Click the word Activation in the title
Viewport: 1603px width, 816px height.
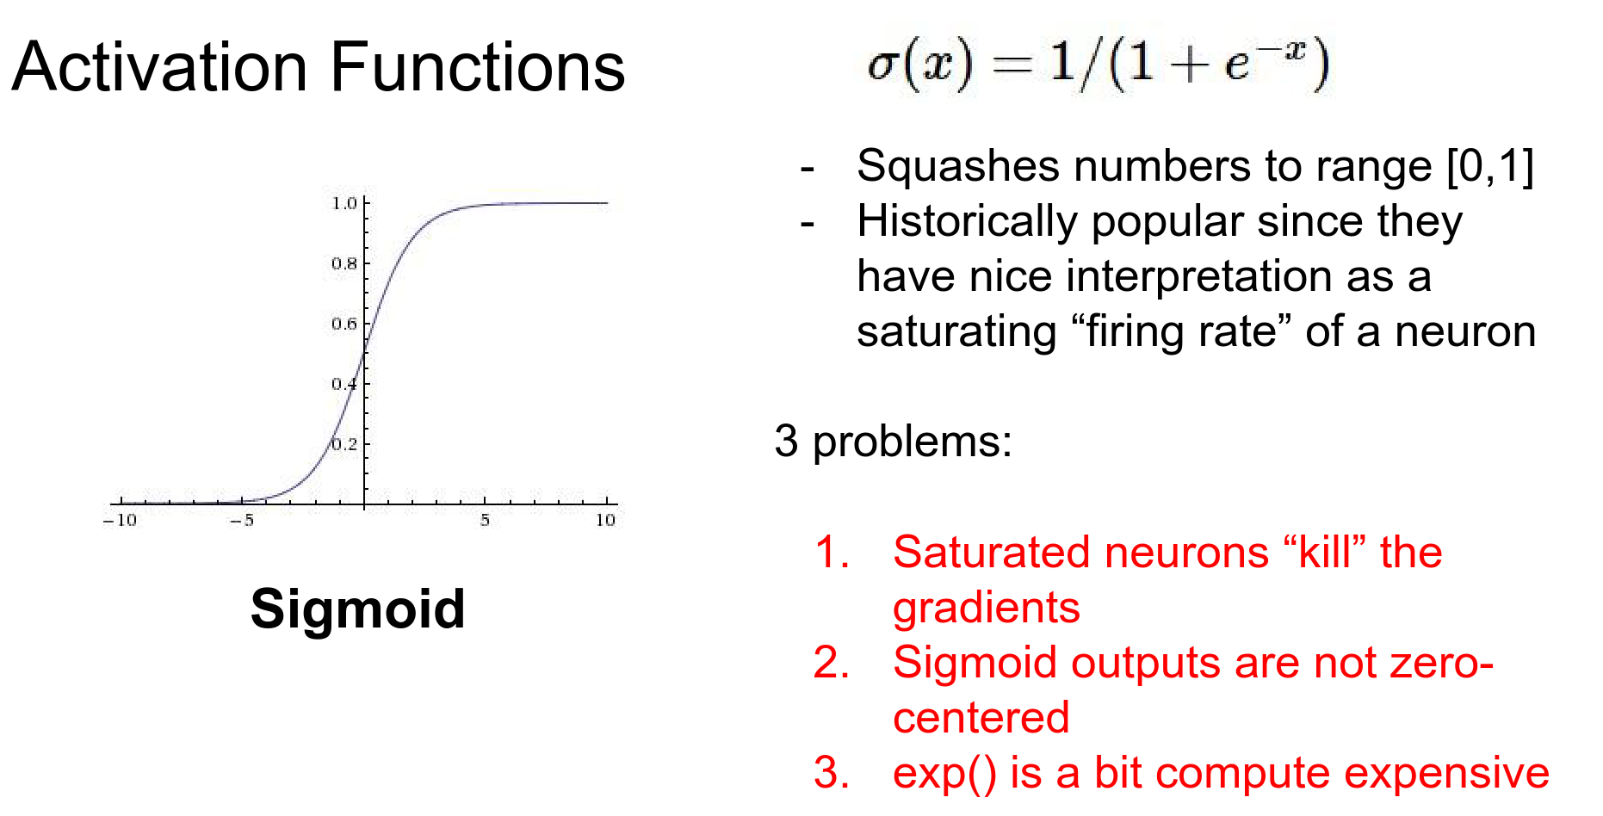160,67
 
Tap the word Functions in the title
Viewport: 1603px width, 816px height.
478,67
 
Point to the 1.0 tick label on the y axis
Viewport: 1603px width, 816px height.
344,203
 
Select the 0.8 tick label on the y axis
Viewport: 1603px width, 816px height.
344,263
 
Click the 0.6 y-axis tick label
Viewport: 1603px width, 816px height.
344,324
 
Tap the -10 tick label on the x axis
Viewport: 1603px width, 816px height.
120,520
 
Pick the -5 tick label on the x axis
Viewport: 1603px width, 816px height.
242,520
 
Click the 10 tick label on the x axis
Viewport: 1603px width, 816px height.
606,520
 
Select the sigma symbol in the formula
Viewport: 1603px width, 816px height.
882,65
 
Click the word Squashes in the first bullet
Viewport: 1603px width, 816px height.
958,167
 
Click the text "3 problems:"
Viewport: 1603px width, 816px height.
893,442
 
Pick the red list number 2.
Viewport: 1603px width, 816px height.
831,663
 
